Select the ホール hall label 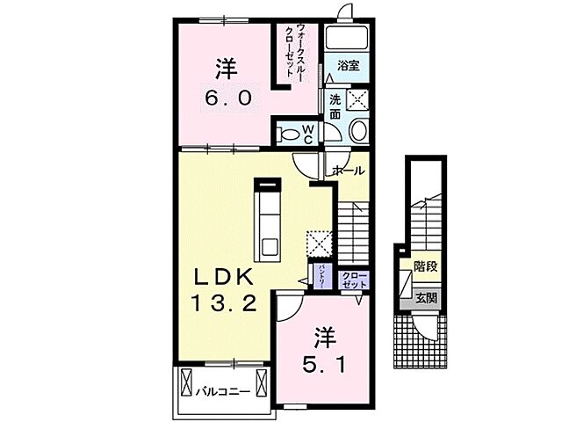[349, 171]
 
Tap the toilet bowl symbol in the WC [286, 135]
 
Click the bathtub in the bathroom [349, 37]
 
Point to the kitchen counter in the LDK [266, 222]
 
